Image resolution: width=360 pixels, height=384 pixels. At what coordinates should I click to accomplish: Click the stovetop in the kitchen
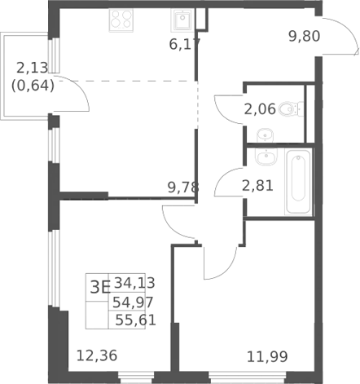[121, 20]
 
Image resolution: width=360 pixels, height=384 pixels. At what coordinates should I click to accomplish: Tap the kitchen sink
[182, 19]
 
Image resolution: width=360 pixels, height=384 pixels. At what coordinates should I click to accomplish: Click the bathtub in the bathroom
[298, 182]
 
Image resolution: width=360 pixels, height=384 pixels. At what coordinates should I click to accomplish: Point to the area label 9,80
[305, 36]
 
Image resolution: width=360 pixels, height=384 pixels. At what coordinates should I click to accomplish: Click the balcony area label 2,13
[33, 68]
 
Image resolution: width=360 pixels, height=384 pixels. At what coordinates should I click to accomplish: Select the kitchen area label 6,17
[185, 44]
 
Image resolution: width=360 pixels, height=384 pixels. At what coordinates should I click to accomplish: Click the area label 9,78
[183, 188]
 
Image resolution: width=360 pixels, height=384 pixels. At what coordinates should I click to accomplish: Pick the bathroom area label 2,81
[257, 186]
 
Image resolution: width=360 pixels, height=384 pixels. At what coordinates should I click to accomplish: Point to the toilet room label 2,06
[260, 109]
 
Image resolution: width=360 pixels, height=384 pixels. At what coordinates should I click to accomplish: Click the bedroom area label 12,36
[97, 355]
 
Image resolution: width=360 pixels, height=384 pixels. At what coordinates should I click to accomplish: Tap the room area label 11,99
[267, 357]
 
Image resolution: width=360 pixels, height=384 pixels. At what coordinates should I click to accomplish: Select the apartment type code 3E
[100, 287]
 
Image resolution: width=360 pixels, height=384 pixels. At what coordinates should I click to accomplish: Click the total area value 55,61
[135, 320]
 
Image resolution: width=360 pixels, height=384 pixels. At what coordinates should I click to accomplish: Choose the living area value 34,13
[134, 283]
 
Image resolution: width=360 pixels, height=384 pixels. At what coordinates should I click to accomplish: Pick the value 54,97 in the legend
[133, 302]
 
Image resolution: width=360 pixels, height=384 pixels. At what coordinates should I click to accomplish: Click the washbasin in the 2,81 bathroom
[266, 157]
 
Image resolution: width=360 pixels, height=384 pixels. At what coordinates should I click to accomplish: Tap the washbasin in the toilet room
[265, 135]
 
